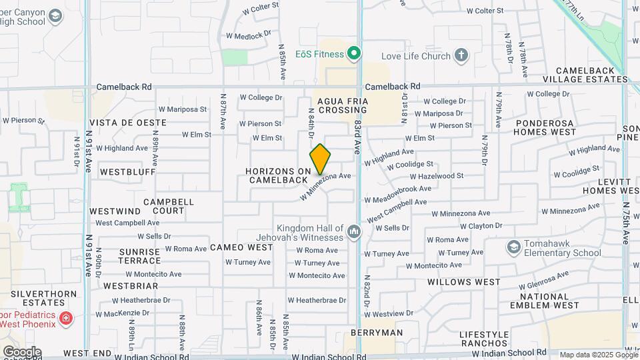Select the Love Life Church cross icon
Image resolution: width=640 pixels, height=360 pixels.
point(461,55)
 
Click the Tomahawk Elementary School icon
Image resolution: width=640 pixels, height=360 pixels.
point(514,248)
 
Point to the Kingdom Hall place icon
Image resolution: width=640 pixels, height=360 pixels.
point(353,233)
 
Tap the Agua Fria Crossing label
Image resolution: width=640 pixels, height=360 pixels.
point(343,105)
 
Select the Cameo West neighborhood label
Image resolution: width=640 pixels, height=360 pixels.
point(241,247)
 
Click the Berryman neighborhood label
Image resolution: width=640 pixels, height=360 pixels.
point(377,333)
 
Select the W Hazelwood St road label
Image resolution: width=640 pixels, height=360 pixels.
point(436,176)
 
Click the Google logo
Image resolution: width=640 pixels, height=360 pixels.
point(21,352)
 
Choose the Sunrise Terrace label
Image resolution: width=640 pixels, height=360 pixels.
point(139,256)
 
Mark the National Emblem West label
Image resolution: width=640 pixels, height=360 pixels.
point(544,301)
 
